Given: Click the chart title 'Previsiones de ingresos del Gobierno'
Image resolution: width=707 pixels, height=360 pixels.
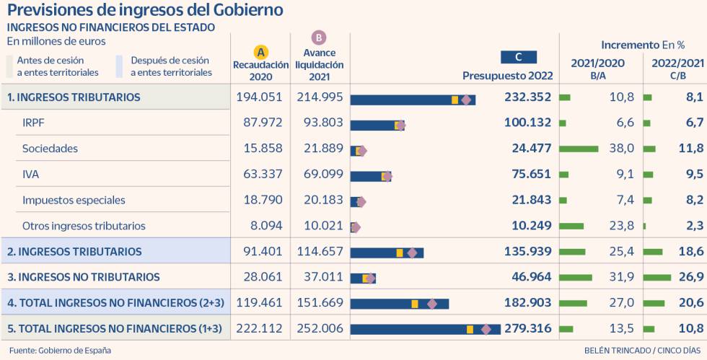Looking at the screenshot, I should (x=144, y=10).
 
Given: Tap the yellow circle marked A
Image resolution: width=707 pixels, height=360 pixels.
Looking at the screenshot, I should (x=261, y=52).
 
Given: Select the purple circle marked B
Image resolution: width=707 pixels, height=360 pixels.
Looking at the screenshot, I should (x=319, y=38).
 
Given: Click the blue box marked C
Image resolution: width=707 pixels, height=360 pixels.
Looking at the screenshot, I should (x=519, y=57).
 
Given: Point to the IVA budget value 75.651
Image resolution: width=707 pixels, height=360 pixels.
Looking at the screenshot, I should (x=527, y=174).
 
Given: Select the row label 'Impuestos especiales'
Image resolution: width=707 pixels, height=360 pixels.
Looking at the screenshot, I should (x=74, y=200).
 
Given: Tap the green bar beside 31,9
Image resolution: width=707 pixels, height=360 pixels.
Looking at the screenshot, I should (x=576, y=277).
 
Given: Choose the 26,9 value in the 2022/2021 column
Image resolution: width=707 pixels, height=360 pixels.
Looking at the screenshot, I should (x=690, y=277).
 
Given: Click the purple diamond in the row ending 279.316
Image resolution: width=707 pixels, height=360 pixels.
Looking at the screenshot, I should (x=486, y=329).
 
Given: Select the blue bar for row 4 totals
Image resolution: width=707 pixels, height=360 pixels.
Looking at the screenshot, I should (x=400, y=304).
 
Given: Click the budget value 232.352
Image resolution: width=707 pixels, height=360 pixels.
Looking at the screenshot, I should (x=527, y=97).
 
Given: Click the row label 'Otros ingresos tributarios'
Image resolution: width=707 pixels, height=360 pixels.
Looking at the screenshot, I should (x=84, y=226).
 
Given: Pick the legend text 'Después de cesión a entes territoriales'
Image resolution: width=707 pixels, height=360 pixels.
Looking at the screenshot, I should (x=171, y=66).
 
